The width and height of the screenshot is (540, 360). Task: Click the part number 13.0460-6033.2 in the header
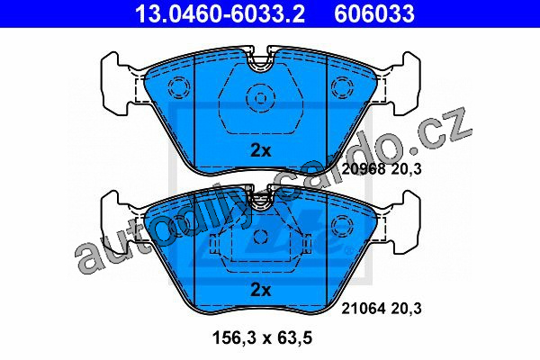tap(220, 13)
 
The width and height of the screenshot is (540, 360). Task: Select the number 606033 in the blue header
tap(374, 13)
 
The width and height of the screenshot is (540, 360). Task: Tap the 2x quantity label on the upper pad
tap(261, 150)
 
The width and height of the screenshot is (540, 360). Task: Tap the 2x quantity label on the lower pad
tap(261, 290)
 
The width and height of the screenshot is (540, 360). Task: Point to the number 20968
tap(364, 169)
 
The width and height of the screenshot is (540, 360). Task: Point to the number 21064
tap(363, 309)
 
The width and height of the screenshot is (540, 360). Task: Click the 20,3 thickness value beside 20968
tap(406, 169)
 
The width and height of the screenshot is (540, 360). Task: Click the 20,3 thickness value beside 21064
tap(406, 309)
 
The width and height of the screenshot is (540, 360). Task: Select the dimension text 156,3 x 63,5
tap(263, 337)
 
